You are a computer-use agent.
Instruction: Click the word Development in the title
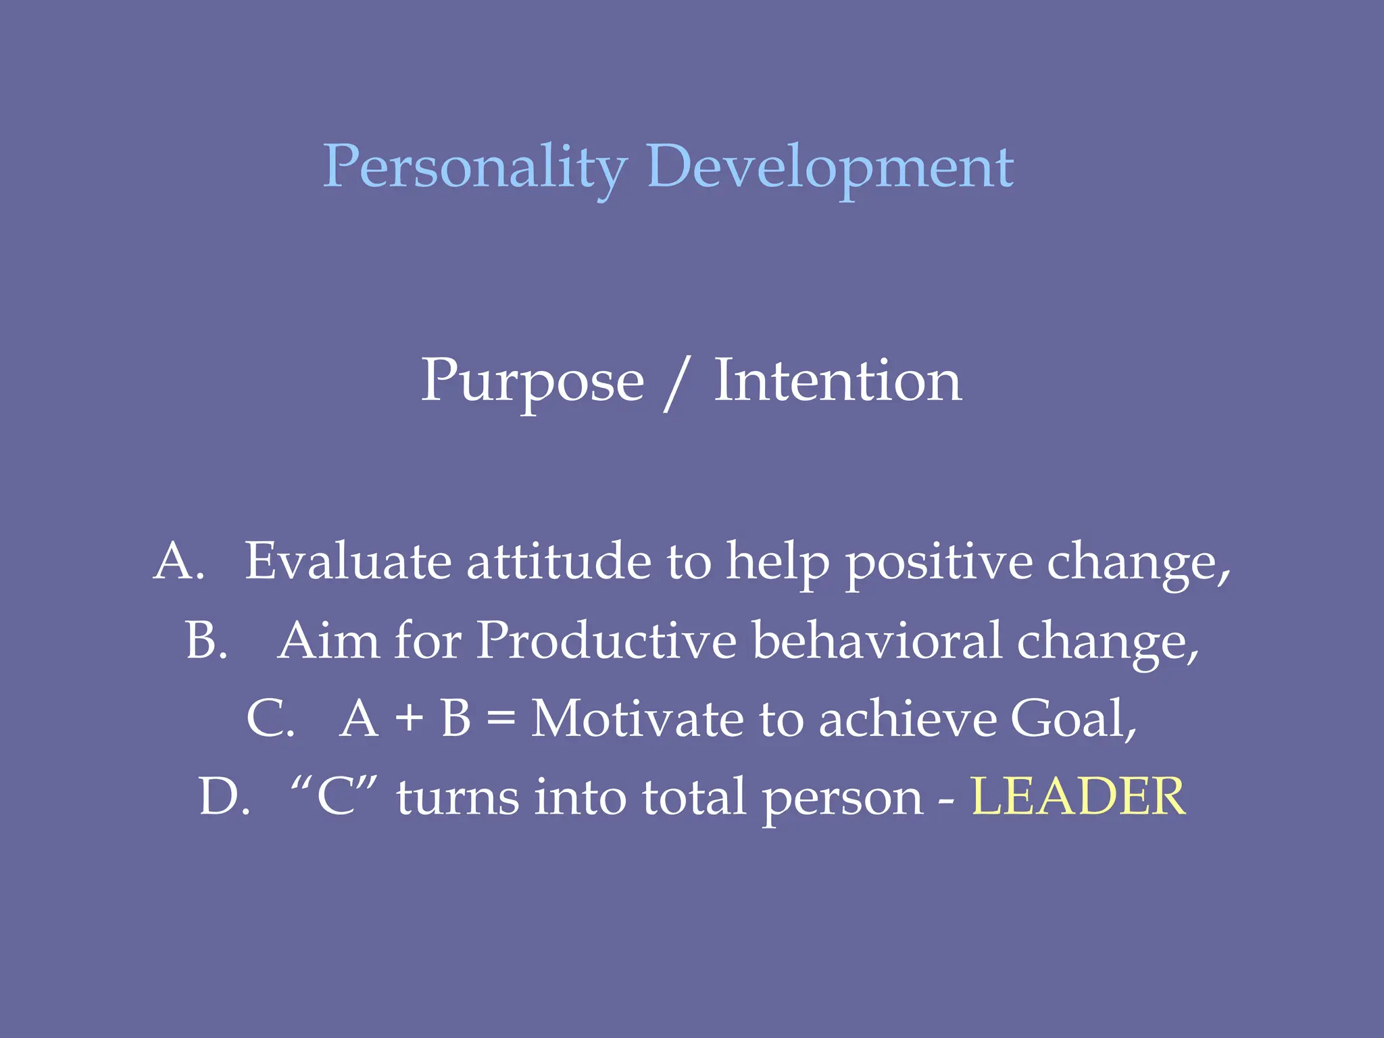(830, 168)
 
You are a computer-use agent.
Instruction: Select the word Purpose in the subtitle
(533, 382)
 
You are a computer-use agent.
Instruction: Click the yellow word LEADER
(1078, 797)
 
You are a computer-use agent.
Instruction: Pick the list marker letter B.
(203, 640)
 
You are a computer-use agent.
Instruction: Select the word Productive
(606, 640)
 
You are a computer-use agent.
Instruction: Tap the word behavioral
(876, 640)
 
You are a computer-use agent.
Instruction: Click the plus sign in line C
(409, 718)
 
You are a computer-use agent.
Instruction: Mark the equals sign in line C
(501, 718)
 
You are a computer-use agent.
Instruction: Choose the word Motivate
(637, 718)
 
